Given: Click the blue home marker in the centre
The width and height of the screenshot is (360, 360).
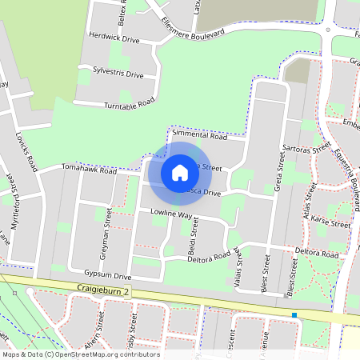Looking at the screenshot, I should click(180, 172).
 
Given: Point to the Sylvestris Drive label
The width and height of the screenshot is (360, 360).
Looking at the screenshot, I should click(118, 73).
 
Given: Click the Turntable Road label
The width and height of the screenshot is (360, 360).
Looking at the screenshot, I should click(129, 104).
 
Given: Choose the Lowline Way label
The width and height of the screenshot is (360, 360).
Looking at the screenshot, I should click(172, 215).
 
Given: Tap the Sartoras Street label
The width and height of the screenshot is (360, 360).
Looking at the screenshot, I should click(307, 150).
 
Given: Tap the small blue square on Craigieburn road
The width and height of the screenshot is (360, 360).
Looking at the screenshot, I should click(294, 315).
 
